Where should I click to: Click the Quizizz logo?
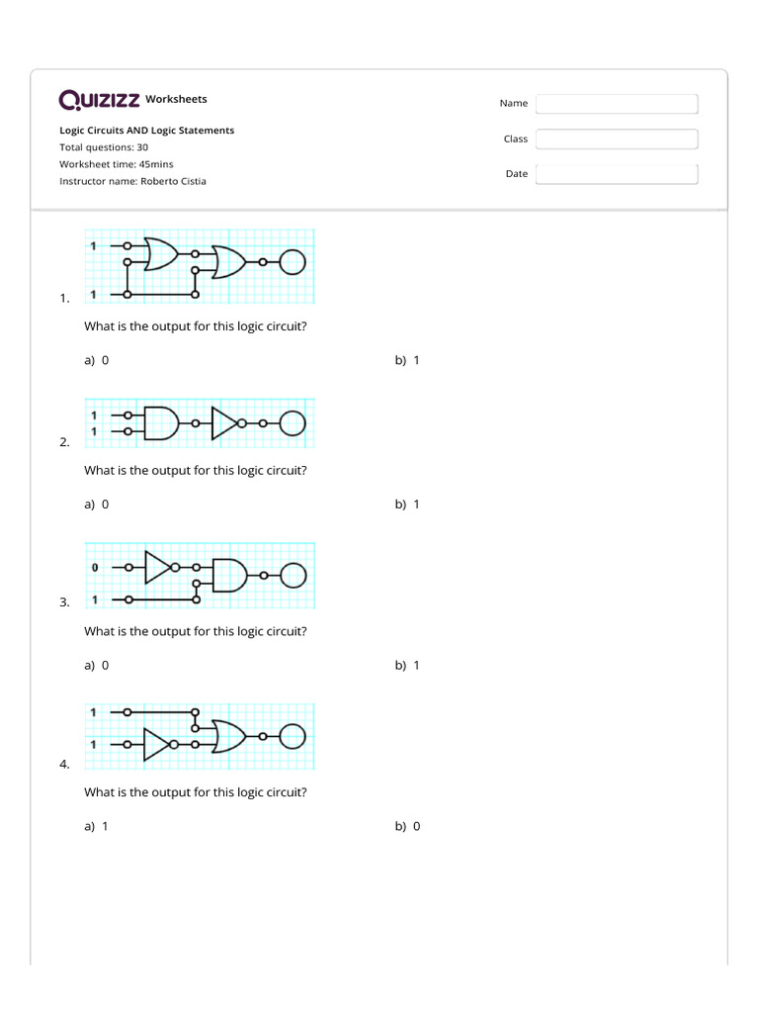coord(99,100)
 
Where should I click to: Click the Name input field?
coord(617,104)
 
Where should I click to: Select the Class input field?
coord(617,139)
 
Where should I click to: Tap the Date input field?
coord(617,174)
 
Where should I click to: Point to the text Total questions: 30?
coord(104,147)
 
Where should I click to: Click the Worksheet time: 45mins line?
coord(116,164)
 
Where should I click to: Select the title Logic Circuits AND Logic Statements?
coord(146,131)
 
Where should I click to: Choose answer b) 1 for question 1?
coord(407,361)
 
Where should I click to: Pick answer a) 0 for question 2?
coord(97,505)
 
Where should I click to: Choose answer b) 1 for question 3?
coord(407,666)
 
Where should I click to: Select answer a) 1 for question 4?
coord(97,827)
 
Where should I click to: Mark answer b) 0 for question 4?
coord(407,827)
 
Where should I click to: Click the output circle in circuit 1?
coord(294,262)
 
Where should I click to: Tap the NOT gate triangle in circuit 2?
coord(224,423)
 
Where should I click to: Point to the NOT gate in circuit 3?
coord(158,568)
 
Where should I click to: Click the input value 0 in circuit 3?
coord(95,568)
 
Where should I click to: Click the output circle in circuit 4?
coord(294,737)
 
